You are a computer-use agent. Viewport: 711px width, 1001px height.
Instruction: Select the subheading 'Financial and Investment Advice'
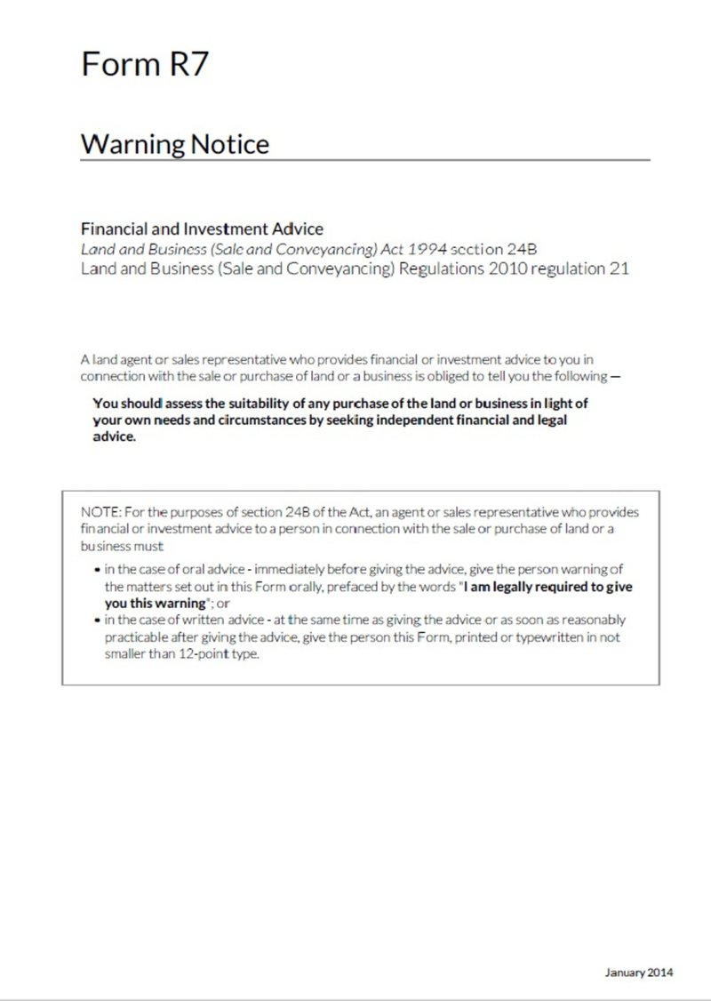(196, 229)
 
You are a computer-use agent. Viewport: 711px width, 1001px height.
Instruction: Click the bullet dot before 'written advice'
(97, 620)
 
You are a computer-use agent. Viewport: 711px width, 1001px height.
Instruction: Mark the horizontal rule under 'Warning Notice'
(365, 160)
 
